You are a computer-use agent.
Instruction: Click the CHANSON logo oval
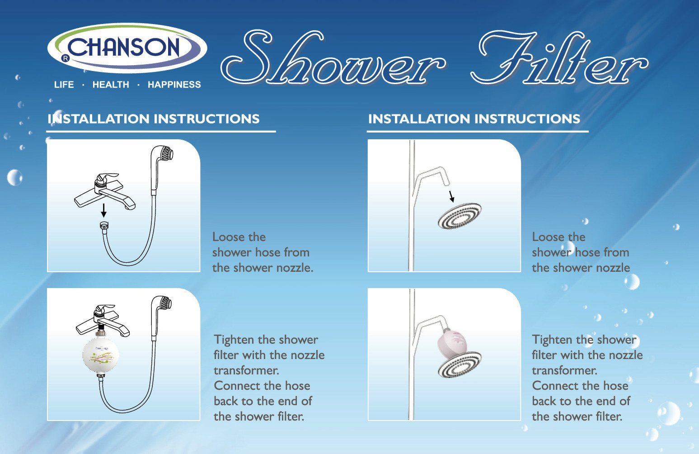point(127,48)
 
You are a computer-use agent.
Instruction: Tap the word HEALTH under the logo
point(111,85)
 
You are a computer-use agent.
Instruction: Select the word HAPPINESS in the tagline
point(174,85)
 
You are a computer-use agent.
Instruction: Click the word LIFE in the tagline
point(64,85)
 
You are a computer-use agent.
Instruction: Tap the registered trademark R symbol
point(66,58)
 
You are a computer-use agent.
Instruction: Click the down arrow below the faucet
point(103,210)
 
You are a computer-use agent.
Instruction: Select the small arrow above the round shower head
point(451,196)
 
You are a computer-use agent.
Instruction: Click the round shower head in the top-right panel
point(460,216)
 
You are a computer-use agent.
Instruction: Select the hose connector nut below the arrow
point(104,225)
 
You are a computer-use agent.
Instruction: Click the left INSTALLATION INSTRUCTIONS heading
point(154,119)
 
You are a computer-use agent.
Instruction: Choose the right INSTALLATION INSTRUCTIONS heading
point(474,119)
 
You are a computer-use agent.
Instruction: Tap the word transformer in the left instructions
point(246,371)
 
